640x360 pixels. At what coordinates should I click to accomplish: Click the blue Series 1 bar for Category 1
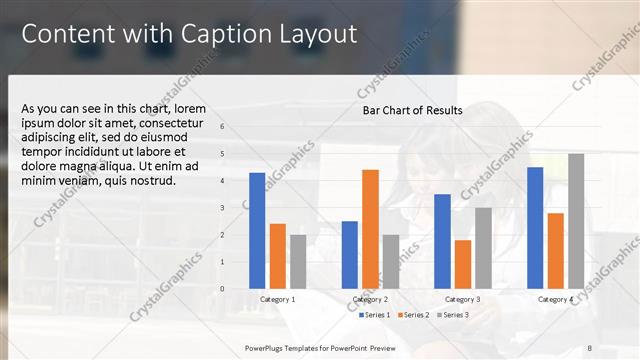[257, 230]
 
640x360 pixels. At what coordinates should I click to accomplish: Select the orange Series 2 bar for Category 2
[370, 229]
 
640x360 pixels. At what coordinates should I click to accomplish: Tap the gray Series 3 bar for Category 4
[576, 221]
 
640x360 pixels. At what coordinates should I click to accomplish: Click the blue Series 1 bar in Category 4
[535, 227]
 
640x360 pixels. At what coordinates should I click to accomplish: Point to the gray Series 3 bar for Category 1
[298, 261]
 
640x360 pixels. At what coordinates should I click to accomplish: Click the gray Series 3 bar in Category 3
[483, 248]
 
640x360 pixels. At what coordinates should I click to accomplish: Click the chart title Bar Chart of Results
[412, 110]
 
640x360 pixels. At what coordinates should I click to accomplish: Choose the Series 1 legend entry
[374, 315]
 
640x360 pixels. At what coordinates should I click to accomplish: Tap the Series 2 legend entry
[414, 315]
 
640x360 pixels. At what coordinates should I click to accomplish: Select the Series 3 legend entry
[452, 315]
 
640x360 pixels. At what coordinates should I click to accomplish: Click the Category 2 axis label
[370, 299]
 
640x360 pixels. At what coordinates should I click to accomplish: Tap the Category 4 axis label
[555, 299]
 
